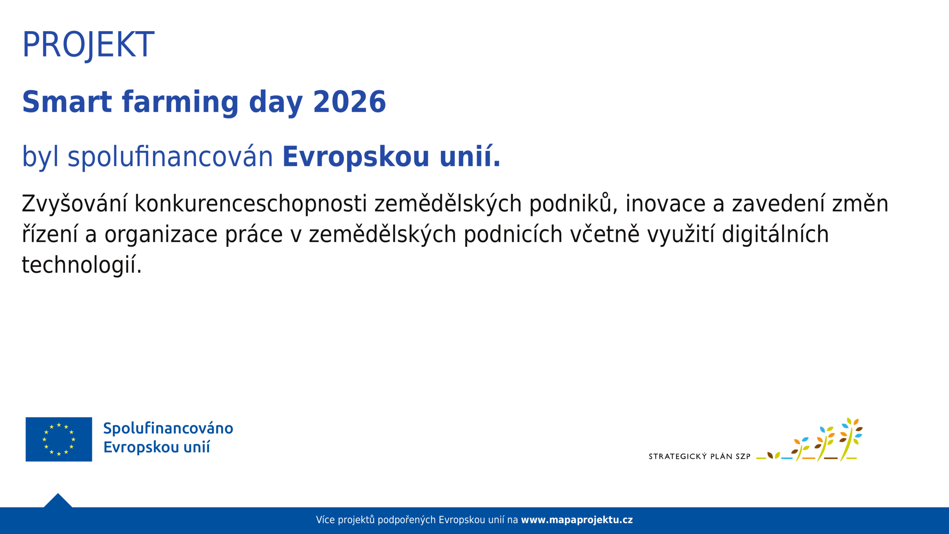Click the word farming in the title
181,103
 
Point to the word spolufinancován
171,157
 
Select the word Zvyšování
75,204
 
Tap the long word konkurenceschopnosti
251,204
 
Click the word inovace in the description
666,204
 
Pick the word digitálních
775,234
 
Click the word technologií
82,265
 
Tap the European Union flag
59,439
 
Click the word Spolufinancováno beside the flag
168,428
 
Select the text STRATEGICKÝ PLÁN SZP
700,456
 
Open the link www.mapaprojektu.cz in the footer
577,520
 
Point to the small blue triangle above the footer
58,501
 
